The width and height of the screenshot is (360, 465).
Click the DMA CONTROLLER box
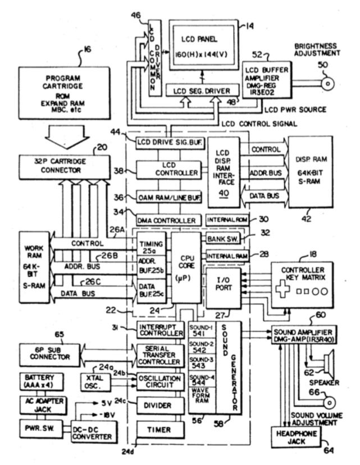167,220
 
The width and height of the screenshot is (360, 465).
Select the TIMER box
160,430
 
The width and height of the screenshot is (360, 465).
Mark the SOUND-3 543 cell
201,362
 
